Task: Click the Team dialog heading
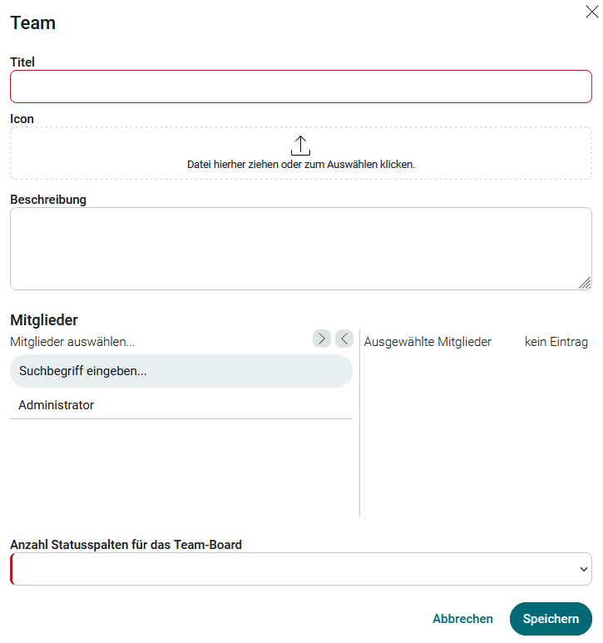[32, 23]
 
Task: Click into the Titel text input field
[300, 87]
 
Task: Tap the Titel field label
[22, 62]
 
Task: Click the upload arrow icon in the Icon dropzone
[300, 146]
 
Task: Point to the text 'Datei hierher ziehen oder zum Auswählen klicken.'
[300, 165]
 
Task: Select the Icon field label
[22, 119]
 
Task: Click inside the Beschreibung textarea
[300, 248]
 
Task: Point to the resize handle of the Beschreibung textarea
[585, 283]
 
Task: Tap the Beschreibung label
[48, 200]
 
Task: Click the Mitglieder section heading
[44, 319]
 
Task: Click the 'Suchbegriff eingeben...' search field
[180, 371]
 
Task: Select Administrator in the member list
[57, 405]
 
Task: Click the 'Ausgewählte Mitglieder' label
[428, 342]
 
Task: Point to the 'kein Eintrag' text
[556, 342]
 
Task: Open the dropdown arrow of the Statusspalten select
[582, 569]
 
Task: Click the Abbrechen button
[462, 619]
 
